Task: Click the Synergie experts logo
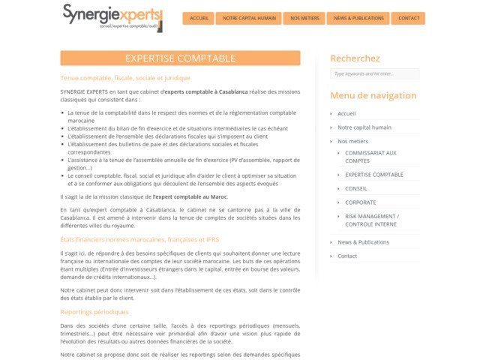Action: tap(112, 17)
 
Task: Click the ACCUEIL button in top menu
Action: tap(199, 18)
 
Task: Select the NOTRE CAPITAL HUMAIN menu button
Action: tap(248, 18)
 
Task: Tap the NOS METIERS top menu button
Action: tap(304, 18)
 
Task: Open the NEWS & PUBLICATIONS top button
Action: tap(358, 18)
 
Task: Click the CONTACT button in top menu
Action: tap(409, 18)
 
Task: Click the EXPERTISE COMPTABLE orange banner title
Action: tap(180, 58)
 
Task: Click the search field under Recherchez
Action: tap(374, 73)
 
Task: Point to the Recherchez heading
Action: tap(355, 58)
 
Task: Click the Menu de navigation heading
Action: tap(373, 95)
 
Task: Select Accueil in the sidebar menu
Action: tap(346, 114)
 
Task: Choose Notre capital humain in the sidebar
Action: tap(364, 127)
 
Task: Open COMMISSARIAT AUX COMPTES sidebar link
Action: tap(370, 156)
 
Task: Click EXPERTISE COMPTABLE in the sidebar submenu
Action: tap(373, 175)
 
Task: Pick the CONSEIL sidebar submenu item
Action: tap(355, 188)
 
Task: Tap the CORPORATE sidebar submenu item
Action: tap(360, 202)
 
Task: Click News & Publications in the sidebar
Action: tap(363, 242)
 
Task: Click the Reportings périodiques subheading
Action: tap(94, 312)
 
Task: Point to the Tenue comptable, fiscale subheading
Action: tap(125, 77)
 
